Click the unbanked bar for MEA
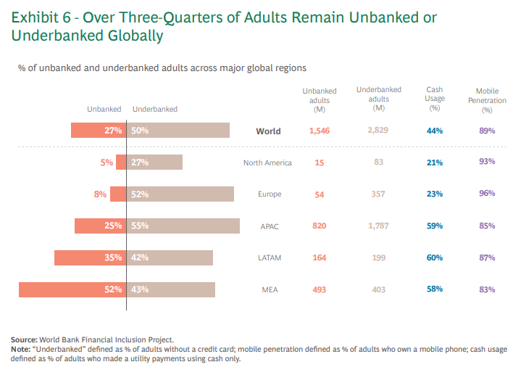(x=72, y=290)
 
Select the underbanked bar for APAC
(x=183, y=226)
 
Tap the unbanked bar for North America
(x=121, y=162)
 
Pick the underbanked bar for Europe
(x=180, y=194)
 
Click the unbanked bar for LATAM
(x=91, y=258)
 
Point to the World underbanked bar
(x=178, y=131)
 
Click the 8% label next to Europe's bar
(x=100, y=194)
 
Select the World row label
(x=268, y=131)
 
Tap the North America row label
(x=267, y=163)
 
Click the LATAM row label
(x=270, y=258)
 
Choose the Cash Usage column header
(x=435, y=99)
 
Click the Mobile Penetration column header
(x=487, y=100)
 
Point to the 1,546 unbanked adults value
(x=320, y=131)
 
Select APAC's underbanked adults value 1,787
(x=378, y=226)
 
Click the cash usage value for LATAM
(x=435, y=257)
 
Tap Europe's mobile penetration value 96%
(x=487, y=193)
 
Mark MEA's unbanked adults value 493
(x=320, y=289)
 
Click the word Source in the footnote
(x=24, y=339)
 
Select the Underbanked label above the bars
(x=155, y=109)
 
